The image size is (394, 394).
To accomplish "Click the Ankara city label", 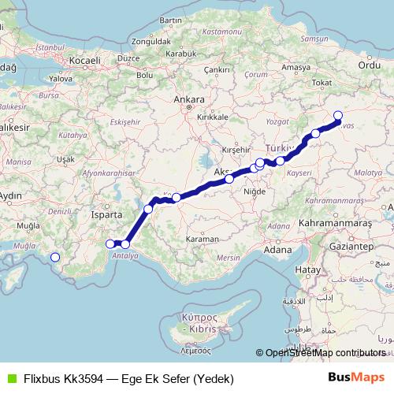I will tap(190, 100).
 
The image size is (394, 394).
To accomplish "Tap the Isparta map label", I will tap(107, 214).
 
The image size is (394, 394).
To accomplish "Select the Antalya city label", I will tap(125, 256).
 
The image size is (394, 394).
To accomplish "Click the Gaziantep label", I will tap(353, 247).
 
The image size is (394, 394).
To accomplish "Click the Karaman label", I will tap(202, 237).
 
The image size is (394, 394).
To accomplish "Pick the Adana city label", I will tap(277, 249).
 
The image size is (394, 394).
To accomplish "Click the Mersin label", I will tap(228, 257).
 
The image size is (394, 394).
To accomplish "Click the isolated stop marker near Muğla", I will tap(56, 257).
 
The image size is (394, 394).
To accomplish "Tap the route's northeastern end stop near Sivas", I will tap(338, 116).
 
